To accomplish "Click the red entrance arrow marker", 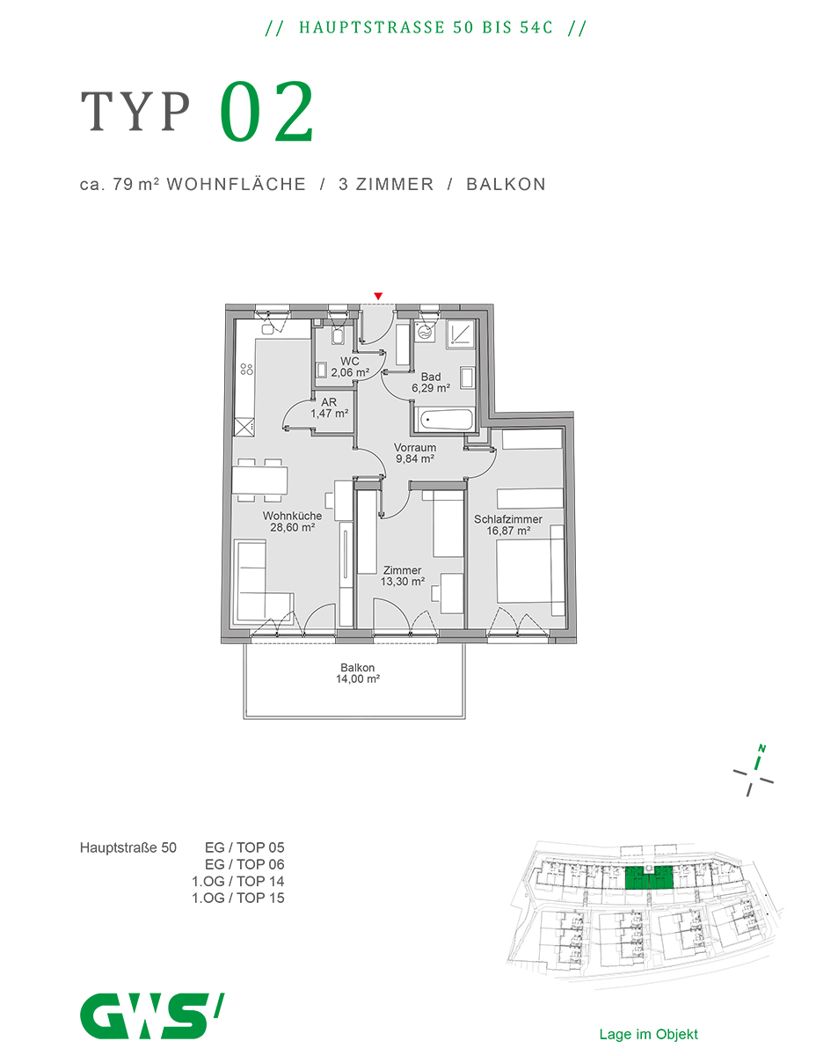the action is click(377, 296).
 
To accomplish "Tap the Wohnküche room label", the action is click(292, 516).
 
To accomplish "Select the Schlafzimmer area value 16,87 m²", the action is click(508, 531).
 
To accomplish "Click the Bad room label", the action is click(431, 377).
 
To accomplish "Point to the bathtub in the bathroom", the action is click(446, 420).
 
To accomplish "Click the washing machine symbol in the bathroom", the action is click(424, 333).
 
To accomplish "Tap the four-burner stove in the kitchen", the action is click(246, 369).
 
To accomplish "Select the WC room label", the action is click(350, 361).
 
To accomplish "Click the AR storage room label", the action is click(329, 402).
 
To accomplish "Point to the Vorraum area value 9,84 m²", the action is click(415, 458).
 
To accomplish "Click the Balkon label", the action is click(358, 667).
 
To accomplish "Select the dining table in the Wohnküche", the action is click(259, 480).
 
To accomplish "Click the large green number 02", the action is click(266, 112).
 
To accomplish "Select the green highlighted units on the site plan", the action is click(649, 878).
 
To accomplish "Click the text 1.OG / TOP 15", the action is click(237, 898).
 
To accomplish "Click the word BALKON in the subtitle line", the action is click(506, 184).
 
